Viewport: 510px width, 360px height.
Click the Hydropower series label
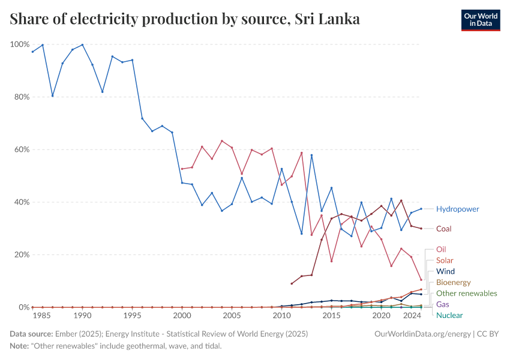pyautogui.click(x=457, y=209)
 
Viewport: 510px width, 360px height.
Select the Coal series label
pyautogui.click(x=443, y=229)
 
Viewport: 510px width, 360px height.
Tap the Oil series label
pyautogui.click(x=441, y=249)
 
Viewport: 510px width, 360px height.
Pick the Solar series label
pyautogui.click(x=445, y=260)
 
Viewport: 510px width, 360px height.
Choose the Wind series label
pyautogui.click(x=445, y=271)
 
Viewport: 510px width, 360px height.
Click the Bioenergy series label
pyautogui.click(x=453, y=283)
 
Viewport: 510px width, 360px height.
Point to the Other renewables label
pyautogui.click(x=466, y=293)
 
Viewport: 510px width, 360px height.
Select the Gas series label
pyautogui.click(x=442, y=304)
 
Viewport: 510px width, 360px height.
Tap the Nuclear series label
pyautogui.click(x=449, y=315)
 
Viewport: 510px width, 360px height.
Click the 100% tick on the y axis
pyautogui.click(x=20, y=44)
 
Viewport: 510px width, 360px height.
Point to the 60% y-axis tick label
pyautogui.click(x=22, y=149)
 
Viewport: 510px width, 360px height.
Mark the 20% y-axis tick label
pyautogui.click(x=22, y=254)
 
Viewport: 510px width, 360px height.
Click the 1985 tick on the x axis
pyautogui.click(x=42, y=316)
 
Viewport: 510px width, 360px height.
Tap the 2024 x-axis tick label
pyautogui.click(x=412, y=316)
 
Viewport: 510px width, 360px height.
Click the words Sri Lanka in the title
pyautogui.click(x=328, y=19)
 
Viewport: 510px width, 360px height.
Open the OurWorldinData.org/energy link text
pyautogui.click(x=422, y=333)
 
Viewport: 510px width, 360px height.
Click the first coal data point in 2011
pyautogui.click(x=292, y=284)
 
